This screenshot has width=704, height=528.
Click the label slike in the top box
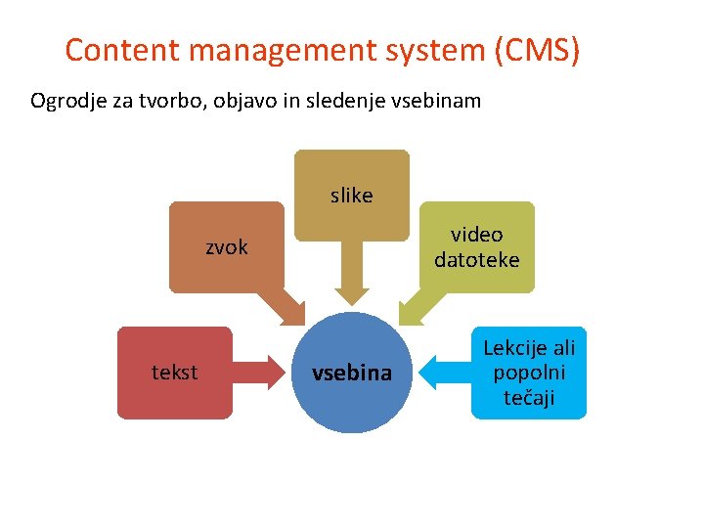352,196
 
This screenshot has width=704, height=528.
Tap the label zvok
227,247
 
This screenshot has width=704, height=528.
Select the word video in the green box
477,235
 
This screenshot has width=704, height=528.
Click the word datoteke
477,260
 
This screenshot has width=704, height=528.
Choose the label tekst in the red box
175,372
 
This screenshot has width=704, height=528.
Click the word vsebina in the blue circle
351,373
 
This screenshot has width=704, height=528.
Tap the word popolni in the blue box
529,373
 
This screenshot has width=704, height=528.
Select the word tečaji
529,397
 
